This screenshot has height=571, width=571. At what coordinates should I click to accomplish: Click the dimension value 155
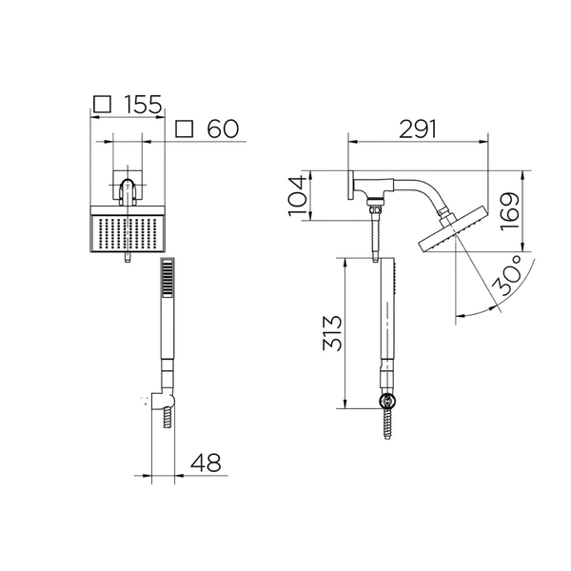tap(143, 105)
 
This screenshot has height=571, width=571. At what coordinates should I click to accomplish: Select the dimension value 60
tap(223, 128)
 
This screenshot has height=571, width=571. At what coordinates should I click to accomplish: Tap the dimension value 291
tap(418, 128)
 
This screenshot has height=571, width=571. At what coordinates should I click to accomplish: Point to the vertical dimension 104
tap(296, 196)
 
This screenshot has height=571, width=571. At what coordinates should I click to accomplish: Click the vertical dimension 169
tap(510, 211)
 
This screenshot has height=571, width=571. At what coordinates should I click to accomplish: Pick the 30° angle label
tap(507, 275)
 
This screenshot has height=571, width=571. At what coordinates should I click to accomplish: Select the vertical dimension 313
tap(332, 333)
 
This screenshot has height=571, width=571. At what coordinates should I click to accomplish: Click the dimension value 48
tap(206, 463)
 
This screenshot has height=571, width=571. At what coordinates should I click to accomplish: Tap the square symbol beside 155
tap(102, 104)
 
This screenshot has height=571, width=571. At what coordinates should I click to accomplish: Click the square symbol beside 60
tap(184, 128)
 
